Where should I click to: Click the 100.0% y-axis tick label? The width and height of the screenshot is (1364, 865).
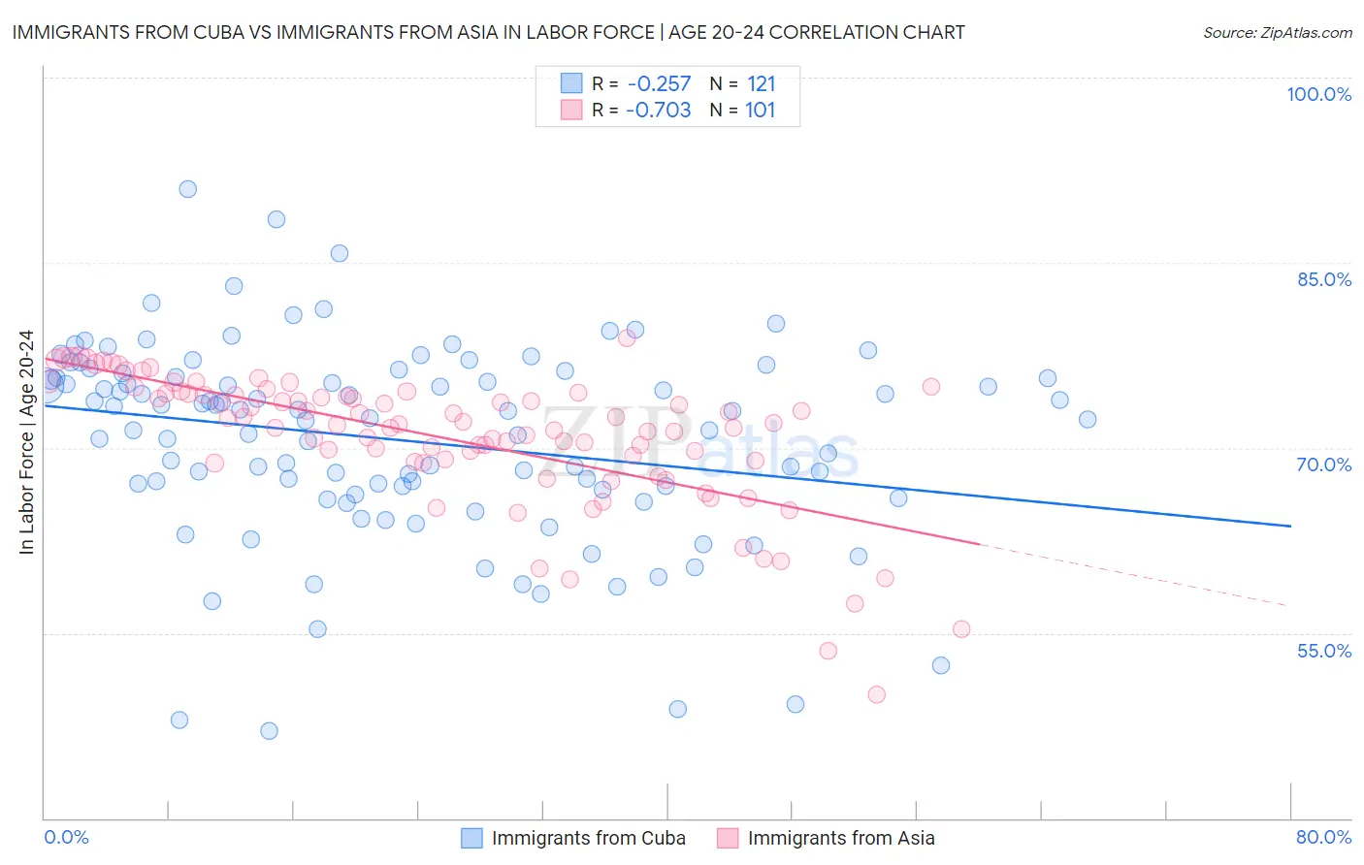click(1318, 94)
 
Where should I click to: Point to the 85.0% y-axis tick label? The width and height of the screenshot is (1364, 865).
click(1324, 279)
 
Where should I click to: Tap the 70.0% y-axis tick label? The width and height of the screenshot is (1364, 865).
click(1324, 465)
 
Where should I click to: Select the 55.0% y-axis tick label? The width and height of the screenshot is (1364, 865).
click(1324, 651)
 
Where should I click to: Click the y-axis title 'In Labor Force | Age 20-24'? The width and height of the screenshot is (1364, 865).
click(26, 442)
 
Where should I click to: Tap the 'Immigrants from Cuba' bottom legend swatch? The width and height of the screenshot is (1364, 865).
click(471, 838)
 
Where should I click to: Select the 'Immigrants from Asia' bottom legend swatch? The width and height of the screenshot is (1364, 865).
click(728, 838)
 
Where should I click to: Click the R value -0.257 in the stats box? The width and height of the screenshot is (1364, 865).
click(660, 83)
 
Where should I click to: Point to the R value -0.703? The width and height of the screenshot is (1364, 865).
click(659, 111)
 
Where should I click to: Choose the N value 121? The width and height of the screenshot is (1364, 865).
click(762, 83)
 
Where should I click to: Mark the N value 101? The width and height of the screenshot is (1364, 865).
click(761, 111)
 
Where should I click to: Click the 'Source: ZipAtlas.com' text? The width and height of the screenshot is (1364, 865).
click(1278, 32)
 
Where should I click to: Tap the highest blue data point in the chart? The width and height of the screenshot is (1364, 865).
click(188, 189)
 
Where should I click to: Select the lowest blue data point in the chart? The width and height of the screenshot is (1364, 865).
click(270, 731)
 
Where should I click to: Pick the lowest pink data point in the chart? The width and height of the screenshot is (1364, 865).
click(877, 694)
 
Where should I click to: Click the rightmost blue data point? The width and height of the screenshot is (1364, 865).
click(1088, 419)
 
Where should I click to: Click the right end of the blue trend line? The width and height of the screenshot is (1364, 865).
click(1291, 526)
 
